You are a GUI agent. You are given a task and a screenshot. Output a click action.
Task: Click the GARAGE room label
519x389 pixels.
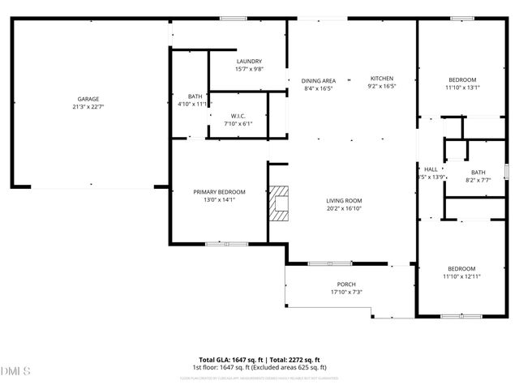click(88, 99)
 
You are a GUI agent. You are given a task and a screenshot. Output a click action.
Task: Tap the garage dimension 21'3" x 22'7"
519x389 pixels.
click(88, 106)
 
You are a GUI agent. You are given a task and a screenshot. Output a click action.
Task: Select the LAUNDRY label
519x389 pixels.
click(249, 62)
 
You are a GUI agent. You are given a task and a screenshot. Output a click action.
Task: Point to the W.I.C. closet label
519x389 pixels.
click(238, 117)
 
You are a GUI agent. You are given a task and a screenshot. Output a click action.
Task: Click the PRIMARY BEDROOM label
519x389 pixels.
click(219, 191)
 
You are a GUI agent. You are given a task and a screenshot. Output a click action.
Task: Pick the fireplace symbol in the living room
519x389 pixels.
click(279, 203)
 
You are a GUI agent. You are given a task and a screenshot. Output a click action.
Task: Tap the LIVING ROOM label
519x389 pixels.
click(344, 200)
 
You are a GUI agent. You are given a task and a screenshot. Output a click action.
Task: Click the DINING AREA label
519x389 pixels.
click(319, 80)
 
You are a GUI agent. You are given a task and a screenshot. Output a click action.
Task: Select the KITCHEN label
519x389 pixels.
click(381, 78)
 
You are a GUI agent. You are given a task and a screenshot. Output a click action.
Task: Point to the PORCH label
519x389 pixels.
click(346, 284)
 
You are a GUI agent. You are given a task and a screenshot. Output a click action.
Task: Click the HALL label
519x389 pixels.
click(431, 169)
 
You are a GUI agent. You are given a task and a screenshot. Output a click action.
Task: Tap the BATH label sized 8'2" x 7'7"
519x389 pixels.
click(478, 172)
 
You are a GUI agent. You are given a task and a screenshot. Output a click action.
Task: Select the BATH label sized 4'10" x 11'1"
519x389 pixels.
click(195, 96)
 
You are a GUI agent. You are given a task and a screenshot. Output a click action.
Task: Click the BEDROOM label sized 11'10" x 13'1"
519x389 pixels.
click(462, 79)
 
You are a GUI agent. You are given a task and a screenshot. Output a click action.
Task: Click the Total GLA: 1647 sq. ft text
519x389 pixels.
click(228, 360)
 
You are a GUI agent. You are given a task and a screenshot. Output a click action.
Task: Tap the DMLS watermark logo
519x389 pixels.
click(16, 371)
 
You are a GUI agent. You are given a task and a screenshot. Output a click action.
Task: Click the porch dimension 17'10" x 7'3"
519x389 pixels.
click(346, 292)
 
